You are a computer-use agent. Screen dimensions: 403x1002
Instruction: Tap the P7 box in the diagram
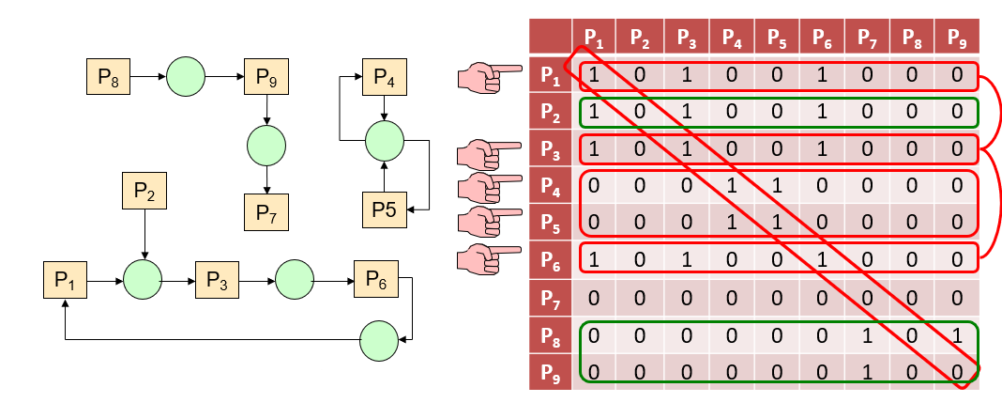(x=266, y=211)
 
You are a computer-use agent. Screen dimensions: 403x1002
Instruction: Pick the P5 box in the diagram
(x=385, y=209)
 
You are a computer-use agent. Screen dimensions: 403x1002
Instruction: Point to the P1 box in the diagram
(x=64, y=280)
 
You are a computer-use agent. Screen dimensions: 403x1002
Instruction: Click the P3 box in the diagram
(x=217, y=280)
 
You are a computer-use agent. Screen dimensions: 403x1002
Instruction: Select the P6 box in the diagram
(x=375, y=280)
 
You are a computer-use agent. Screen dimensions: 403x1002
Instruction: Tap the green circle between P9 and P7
(x=266, y=146)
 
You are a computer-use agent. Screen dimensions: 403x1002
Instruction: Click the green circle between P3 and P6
(x=295, y=280)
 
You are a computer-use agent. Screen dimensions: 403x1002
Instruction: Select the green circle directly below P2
(x=144, y=280)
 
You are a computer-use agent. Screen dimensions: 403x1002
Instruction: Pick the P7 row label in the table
(x=550, y=299)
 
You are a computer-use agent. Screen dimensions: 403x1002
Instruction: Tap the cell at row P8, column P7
(x=865, y=335)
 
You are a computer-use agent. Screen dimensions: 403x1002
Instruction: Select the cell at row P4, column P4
(x=730, y=184)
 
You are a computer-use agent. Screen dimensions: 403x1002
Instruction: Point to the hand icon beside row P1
(x=489, y=76)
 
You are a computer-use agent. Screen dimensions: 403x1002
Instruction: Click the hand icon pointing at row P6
(x=489, y=256)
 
